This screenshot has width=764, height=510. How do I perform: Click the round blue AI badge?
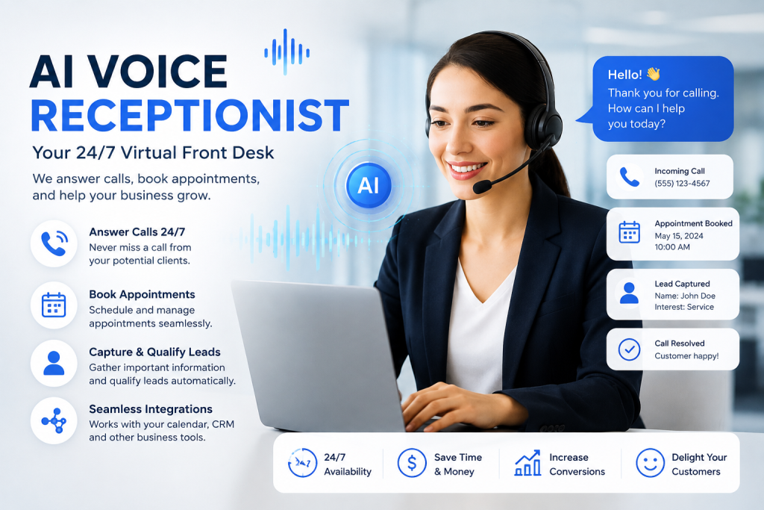tap(369, 185)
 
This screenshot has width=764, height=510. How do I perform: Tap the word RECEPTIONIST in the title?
tap(190, 116)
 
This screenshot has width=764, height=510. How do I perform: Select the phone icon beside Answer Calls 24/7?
tap(54, 243)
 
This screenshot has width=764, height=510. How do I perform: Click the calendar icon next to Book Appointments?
tap(54, 305)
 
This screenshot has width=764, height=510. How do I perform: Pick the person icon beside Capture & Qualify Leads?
tap(54, 363)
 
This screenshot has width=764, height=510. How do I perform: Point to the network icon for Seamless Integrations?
tap(54, 420)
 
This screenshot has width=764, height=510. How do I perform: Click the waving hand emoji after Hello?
tap(654, 74)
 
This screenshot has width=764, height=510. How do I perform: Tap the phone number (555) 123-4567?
tap(682, 184)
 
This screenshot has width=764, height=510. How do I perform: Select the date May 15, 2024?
tap(679, 236)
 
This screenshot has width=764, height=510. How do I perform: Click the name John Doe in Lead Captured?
tap(698, 296)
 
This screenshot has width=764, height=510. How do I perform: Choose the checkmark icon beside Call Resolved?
tap(629, 349)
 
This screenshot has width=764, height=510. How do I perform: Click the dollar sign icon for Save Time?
tap(412, 463)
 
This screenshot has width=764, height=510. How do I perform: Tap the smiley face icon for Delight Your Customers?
tap(650, 463)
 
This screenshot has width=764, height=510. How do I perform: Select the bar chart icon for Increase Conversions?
tap(527, 463)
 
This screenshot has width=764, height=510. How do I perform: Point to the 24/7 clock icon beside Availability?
tap(302, 463)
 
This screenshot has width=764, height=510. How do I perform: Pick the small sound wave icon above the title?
tap(287, 52)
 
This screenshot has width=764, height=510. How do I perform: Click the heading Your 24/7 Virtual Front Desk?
tap(153, 153)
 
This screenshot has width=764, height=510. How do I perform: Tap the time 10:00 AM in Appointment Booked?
tap(672, 247)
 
